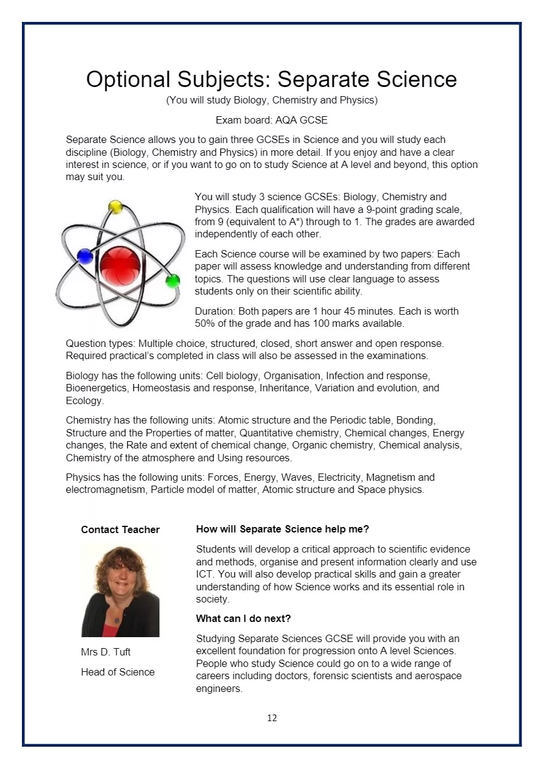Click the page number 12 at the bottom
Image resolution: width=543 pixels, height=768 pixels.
[x=271, y=718]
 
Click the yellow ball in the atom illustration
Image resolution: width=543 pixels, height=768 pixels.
[x=115, y=207]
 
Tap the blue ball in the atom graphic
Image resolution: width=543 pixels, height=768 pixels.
[x=85, y=256]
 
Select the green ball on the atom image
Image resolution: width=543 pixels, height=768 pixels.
[x=173, y=281]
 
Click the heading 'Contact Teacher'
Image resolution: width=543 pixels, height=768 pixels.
[x=120, y=529]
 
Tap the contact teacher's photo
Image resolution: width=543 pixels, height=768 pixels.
[x=120, y=590]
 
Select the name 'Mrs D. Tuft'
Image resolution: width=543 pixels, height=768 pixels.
[x=105, y=652]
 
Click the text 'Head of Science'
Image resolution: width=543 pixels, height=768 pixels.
[x=117, y=672]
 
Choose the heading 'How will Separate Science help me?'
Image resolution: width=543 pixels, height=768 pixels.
[x=282, y=529]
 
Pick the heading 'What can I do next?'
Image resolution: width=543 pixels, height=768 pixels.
[x=243, y=618]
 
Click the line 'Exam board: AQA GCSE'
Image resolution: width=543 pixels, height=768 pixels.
[x=271, y=120]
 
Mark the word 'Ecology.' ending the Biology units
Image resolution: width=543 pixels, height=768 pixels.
[x=85, y=400]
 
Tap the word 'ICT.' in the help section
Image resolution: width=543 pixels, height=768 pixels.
[x=205, y=574]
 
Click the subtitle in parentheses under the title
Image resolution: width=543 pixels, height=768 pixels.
[x=271, y=100]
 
